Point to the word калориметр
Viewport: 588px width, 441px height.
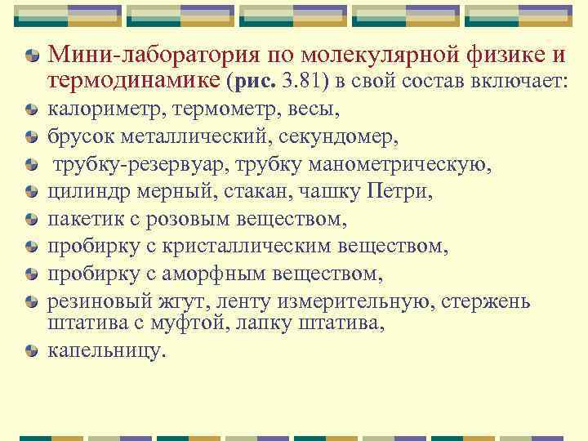[97, 109]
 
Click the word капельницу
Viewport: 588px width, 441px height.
[105, 350]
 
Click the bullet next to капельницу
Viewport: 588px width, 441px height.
[31, 352]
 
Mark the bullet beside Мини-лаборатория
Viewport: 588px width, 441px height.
[31, 56]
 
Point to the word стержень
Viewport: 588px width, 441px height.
[486, 301]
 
